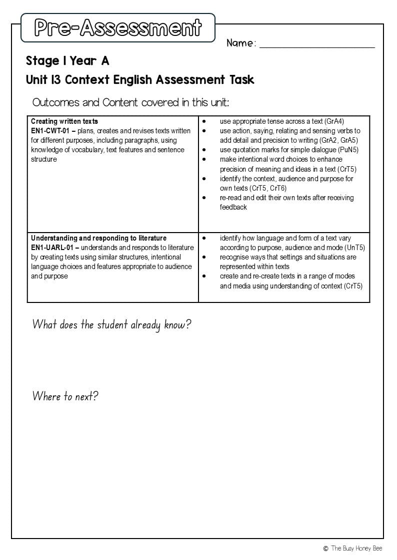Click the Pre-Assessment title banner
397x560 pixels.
click(118, 28)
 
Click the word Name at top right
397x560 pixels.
click(240, 43)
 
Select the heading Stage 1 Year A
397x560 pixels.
click(67, 61)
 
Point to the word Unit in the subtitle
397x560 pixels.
click(36, 80)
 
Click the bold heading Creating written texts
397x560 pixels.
click(64, 121)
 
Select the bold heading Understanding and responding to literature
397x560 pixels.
click(98, 238)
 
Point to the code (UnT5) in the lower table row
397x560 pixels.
click(354, 248)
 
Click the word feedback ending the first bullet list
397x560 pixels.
click(233, 207)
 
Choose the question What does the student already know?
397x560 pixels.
click(111, 325)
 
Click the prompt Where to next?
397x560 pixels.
click(65, 396)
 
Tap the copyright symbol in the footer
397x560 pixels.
click(325, 549)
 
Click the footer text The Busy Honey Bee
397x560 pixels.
click(356, 549)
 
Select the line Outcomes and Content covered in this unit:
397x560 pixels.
click(130, 103)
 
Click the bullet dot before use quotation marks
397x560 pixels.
click(204, 150)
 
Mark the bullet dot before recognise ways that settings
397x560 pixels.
click(204, 257)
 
